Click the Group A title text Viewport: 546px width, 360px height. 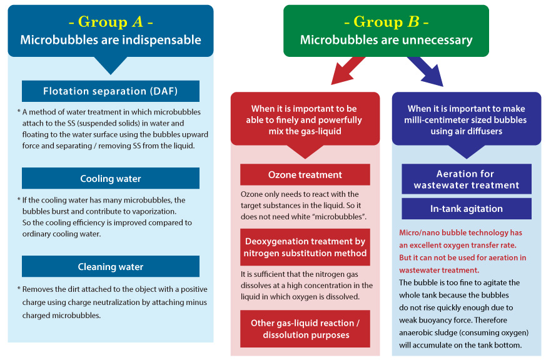tap(111, 22)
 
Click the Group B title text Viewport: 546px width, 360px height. tap(386, 22)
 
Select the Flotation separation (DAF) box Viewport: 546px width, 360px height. tap(111, 91)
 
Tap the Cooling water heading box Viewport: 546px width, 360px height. tap(111, 179)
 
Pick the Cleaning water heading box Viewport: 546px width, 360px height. tap(111, 267)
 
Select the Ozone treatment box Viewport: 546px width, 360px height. tap(305, 175)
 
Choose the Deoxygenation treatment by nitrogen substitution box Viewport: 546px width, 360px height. tap(305, 247)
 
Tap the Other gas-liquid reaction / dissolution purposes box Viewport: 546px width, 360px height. tap(305, 329)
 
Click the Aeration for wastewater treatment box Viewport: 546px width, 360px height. tap(466, 179)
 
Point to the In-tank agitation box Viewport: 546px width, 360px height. tap(466, 209)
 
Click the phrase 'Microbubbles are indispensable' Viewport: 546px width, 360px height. tap(111, 40)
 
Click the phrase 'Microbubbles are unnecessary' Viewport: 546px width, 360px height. tap(386, 40)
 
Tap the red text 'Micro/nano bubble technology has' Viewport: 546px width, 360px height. tap(460, 232)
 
